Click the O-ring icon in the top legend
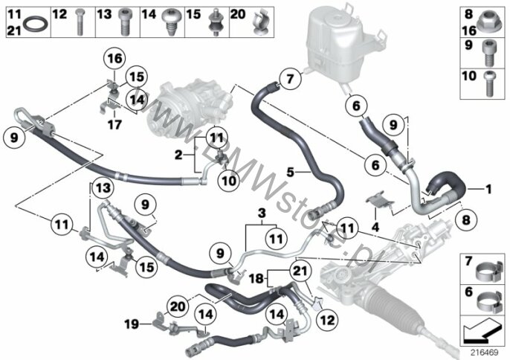(36, 24)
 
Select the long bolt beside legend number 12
(80, 22)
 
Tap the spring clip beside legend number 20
(260, 22)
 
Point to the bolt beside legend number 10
(488, 84)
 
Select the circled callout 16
(115, 59)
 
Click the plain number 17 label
(114, 125)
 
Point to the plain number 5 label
(290, 172)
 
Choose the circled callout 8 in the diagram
(466, 220)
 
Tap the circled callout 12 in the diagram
(327, 320)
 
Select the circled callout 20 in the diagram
(178, 306)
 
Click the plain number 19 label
(132, 324)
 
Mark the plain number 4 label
(375, 227)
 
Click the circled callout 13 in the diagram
(103, 188)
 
